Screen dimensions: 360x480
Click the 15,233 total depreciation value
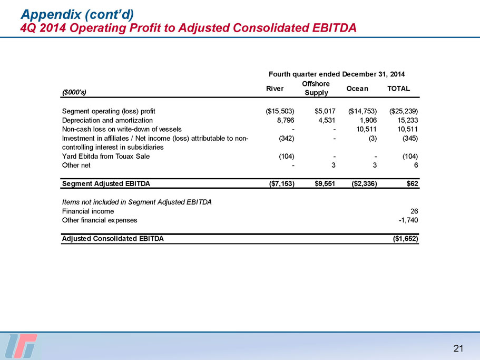(x=407, y=120)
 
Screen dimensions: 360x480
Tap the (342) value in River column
(x=285, y=138)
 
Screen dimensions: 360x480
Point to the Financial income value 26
(x=414, y=211)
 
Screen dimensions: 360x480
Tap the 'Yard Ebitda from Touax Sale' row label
(x=106, y=157)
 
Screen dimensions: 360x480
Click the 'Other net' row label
(x=76, y=166)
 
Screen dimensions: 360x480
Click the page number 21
(x=458, y=348)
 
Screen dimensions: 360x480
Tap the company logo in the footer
(x=23, y=346)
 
